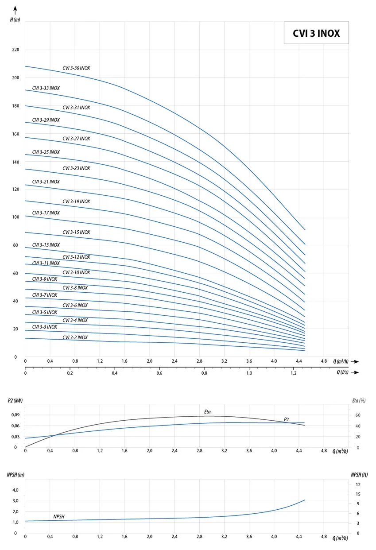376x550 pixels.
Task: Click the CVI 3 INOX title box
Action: tap(316, 33)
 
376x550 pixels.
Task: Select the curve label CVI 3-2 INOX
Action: tap(75, 337)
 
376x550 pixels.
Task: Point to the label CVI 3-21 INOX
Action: tap(46, 182)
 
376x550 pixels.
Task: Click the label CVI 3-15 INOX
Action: tap(76, 232)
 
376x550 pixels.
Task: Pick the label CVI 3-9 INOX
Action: tap(44, 279)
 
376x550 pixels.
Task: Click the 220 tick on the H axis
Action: tap(16, 50)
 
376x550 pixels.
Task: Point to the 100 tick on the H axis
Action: tap(16, 217)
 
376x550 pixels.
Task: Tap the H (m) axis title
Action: tap(15, 20)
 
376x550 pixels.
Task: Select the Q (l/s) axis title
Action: tap(344, 372)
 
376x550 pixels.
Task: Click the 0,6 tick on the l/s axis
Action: tap(159, 373)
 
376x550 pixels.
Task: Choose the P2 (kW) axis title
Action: tap(15, 401)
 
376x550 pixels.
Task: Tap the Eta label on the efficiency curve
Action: tap(207, 412)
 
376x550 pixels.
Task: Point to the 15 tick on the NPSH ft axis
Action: tap(357, 494)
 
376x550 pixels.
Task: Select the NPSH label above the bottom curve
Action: tap(59, 517)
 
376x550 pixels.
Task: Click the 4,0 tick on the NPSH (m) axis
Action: tap(15, 490)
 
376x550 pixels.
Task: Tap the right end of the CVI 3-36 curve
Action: tap(305, 229)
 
